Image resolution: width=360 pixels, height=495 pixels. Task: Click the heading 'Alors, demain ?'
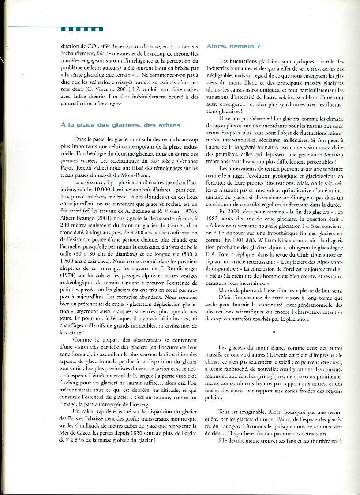click(x=233, y=46)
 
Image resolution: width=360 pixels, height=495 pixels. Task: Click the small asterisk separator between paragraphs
click(x=274, y=331)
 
